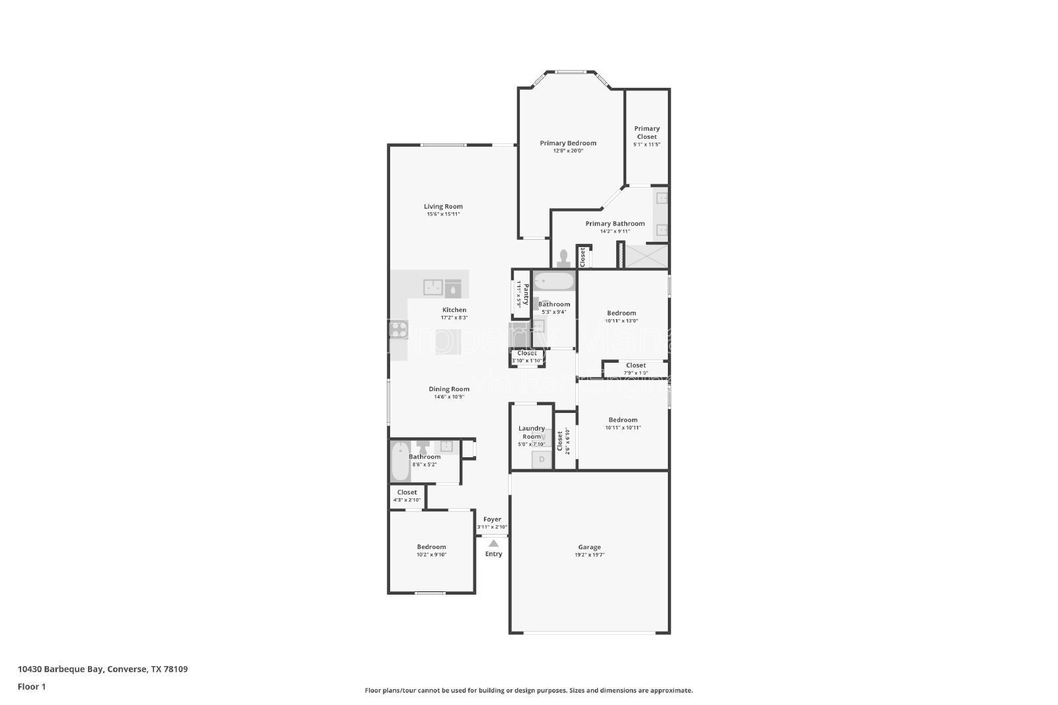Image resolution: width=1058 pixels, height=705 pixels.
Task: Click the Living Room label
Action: click(x=443, y=206)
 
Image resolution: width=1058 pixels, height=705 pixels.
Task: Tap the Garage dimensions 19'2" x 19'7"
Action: click(x=589, y=556)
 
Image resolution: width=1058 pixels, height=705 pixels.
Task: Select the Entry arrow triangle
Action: click(x=493, y=543)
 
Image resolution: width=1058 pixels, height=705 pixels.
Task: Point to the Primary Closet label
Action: click(x=647, y=133)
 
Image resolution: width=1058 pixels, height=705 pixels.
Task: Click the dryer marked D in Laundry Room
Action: click(x=542, y=459)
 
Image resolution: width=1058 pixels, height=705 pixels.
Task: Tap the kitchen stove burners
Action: click(x=397, y=329)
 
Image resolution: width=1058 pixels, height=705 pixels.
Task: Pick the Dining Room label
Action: click(x=449, y=389)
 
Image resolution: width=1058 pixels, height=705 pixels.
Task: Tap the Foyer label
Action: click(x=492, y=519)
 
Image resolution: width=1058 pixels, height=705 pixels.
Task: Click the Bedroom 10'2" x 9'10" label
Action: click(x=431, y=546)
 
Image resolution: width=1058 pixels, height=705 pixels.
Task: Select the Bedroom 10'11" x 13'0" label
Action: click(x=622, y=313)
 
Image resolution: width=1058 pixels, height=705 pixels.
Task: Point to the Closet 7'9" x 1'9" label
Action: click(x=635, y=365)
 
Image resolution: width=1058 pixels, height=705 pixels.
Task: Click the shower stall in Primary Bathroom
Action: click(x=647, y=256)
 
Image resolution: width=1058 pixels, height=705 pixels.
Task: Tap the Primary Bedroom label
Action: click(x=568, y=143)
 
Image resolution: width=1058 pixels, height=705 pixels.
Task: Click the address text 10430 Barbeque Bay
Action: click(x=60, y=669)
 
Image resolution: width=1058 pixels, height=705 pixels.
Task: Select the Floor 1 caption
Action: click(x=32, y=686)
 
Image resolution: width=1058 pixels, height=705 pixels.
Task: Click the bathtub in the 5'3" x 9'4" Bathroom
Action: click(x=554, y=282)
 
